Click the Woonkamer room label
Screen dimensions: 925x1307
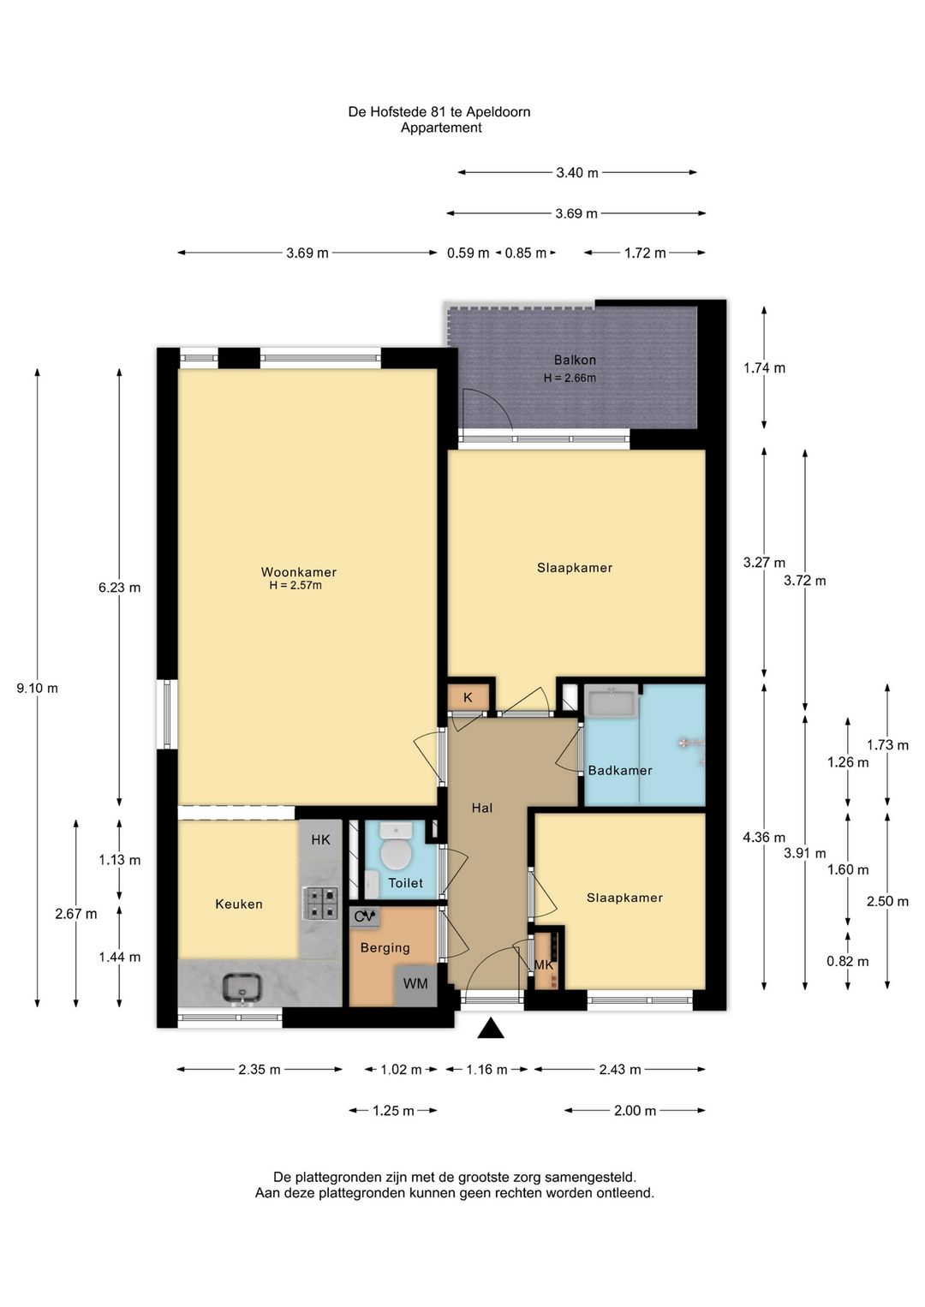[298, 572]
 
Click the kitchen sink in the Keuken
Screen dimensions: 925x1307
[242, 987]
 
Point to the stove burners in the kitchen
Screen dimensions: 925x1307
[319, 903]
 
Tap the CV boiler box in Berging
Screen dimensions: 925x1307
[365, 916]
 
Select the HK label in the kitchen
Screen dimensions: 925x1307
[320, 839]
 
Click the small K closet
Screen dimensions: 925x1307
[468, 697]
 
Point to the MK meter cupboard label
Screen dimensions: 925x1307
[543, 965]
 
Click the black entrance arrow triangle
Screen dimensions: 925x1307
[491, 1028]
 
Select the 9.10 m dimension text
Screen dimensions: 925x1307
[38, 688]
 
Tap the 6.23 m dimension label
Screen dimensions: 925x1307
[120, 588]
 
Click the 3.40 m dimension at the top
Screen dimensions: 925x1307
[577, 173]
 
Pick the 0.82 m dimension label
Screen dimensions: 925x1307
[847, 962]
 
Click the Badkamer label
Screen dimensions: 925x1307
[620, 770]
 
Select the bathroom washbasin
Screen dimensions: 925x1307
[612, 701]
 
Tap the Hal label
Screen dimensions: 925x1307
[482, 808]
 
